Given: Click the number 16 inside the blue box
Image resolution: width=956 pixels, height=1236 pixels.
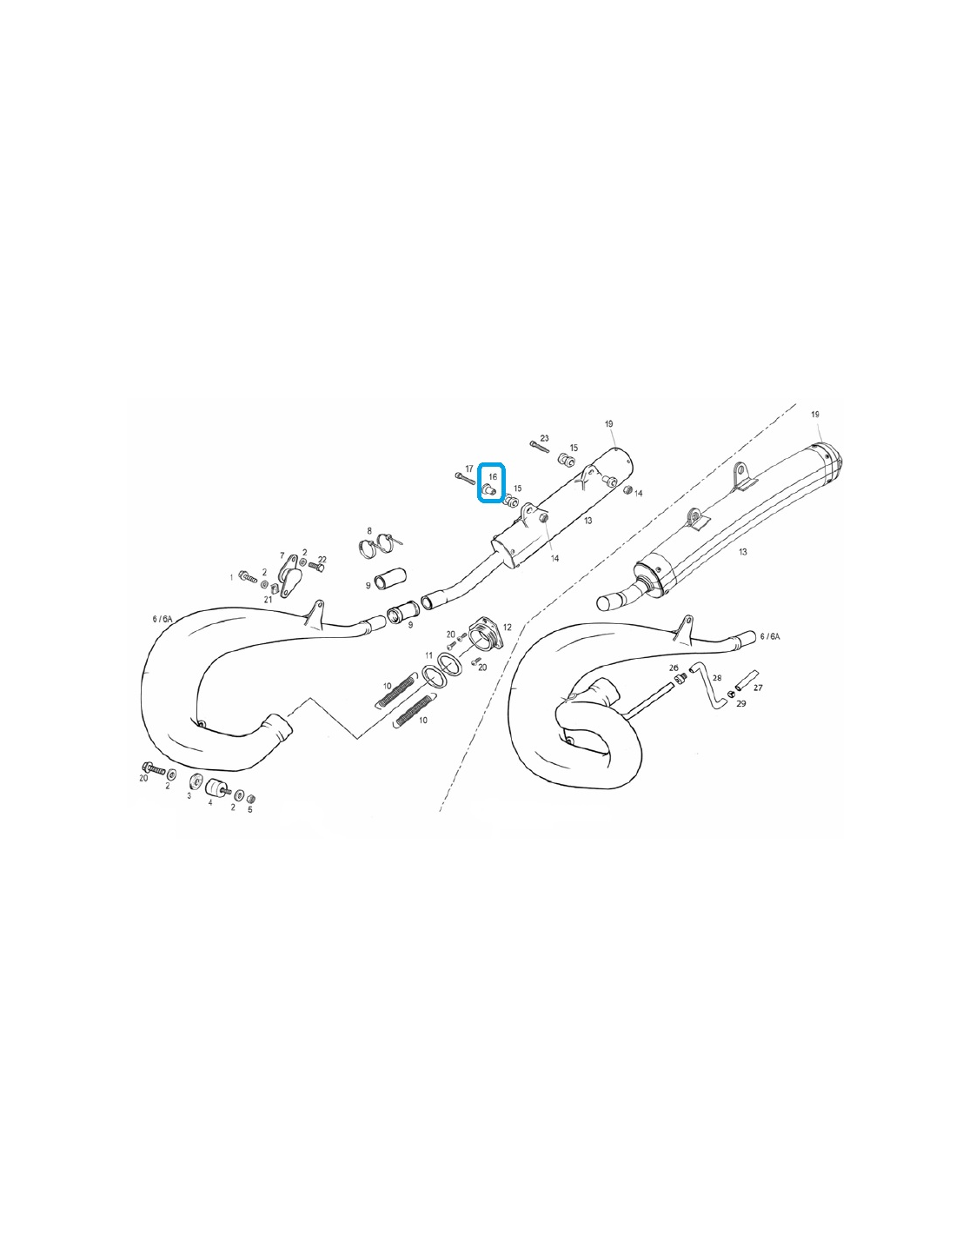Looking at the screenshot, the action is click(x=493, y=476).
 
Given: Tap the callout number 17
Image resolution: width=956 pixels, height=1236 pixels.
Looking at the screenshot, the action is click(x=469, y=468).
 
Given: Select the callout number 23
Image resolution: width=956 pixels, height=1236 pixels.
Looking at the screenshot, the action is click(x=544, y=439).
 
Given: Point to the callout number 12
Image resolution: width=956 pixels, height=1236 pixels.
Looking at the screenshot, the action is click(x=508, y=628).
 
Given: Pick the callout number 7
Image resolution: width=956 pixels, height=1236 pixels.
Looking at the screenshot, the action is click(x=282, y=555).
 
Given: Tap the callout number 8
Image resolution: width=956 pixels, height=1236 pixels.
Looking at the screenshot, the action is click(x=369, y=531).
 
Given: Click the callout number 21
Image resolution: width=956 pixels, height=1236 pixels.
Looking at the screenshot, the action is click(x=268, y=600).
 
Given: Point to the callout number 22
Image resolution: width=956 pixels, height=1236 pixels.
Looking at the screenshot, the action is click(x=322, y=560).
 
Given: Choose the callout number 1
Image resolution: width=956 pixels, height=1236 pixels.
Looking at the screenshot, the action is click(x=231, y=578).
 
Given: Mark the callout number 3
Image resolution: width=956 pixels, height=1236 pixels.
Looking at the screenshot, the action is click(x=189, y=795).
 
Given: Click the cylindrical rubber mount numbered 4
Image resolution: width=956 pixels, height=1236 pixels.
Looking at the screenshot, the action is click(x=216, y=787).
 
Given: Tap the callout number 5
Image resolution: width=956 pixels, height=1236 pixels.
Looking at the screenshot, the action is click(x=249, y=809).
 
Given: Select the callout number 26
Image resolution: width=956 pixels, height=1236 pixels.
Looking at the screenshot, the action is click(x=674, y=668).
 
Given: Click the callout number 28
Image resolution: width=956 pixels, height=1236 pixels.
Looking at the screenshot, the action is click(x=717, y=677).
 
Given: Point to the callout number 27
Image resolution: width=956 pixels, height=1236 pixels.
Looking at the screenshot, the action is click(x=758, y=688).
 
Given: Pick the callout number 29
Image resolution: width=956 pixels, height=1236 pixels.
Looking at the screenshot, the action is click(x=741, y=703).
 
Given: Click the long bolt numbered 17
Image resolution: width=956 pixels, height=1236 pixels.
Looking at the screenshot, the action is click(x=465, y=478).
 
